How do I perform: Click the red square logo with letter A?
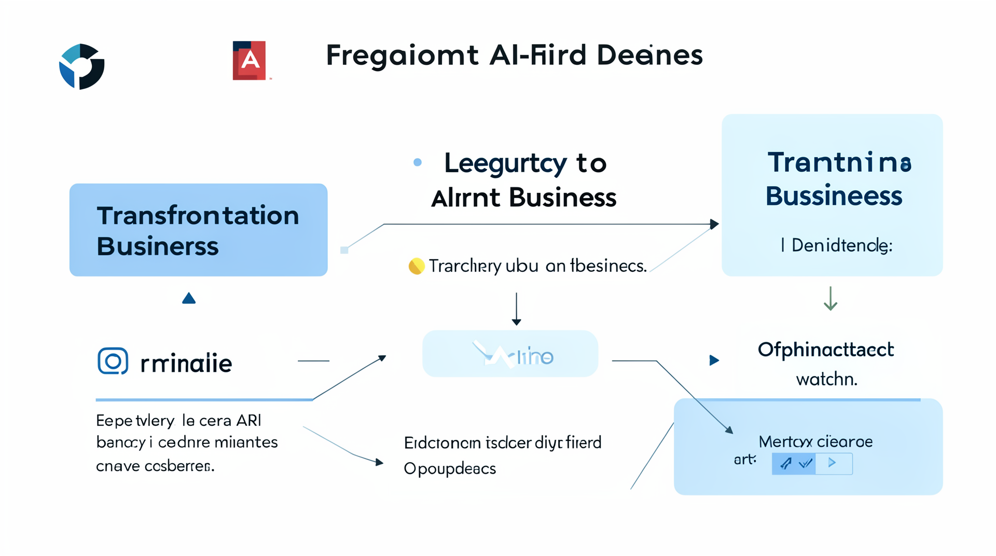pyautogui.click(x=249, y=61)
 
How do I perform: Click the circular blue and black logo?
pyautogui.click(x=82, y=66)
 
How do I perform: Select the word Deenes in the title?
pyautogui.click(x=649, y=55)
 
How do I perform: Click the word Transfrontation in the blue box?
pyautogui.click(x=198, y=216)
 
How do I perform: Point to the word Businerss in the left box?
pyautogui.click(x=158, y=246)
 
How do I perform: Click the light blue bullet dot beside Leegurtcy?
pyautogui.click(x=418, y=162)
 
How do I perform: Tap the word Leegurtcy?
pyautogui.click(x=505, y=164)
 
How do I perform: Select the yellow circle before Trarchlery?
pyautogui.click(x=416, y=266)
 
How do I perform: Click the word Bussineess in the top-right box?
pyautogui.click(x=834, y=196)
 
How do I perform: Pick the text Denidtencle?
pyautogui.click(x=841, y=245)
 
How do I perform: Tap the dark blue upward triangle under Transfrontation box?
pyautogui.click(x=189, y=298)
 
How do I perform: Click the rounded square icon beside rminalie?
pyautogui.click(x=113, y=361)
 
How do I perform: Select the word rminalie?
pyautogui.click(x=186, y=364)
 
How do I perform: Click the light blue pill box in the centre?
pyautogui.click(x=510, y=354)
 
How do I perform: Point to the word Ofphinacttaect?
pyautogui.click(x=825, y=350)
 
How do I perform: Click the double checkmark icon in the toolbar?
pyautogui.click(x=805, y=463)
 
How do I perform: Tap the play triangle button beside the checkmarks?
pyautogui.click(x=832, y=463)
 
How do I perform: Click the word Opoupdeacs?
pyautogui.click(x=450, y=469)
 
